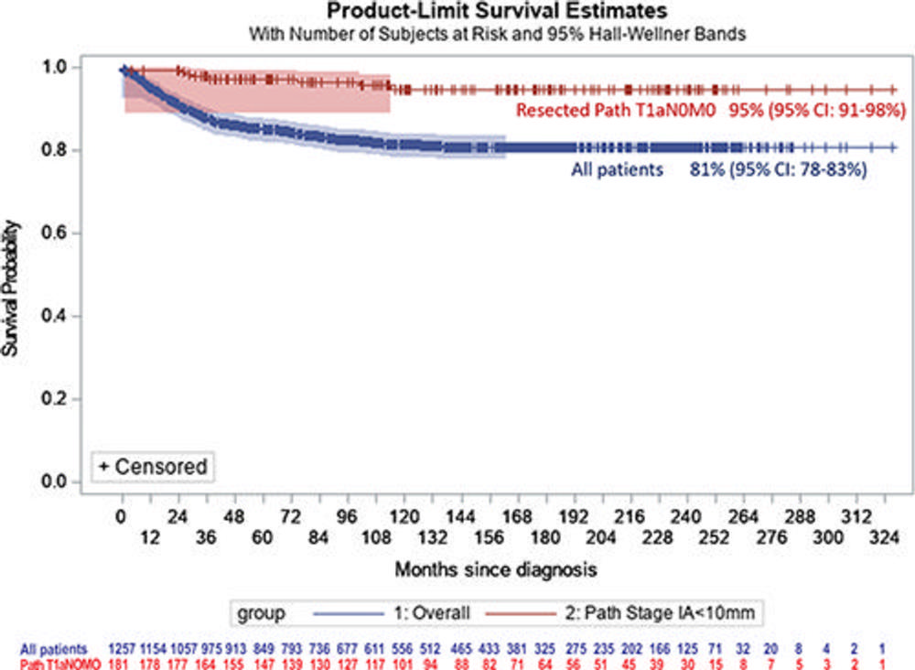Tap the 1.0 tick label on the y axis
coord(56,68)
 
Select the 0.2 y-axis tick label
coord(56,399)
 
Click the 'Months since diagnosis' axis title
coord(497,569)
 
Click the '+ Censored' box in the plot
coord(153,466)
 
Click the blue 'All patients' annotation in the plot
coord(618,169)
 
